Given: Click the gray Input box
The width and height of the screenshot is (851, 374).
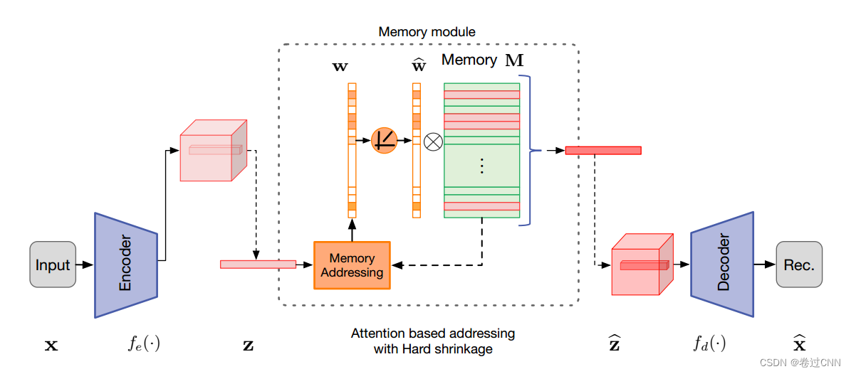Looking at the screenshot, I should (x=53, y=265).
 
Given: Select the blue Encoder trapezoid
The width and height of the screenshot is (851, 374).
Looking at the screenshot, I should (x=125, y=265).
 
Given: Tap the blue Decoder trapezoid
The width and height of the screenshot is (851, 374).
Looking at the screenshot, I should (x=722, y=264).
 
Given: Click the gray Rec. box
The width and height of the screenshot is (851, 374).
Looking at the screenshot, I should (x=799, y=265).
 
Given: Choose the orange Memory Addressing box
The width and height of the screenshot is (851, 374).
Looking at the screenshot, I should (x=352, y=265).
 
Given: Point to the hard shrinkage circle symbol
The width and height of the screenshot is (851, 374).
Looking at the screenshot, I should (x=384, y=141).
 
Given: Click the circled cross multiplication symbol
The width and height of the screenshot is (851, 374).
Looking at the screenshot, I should (x=433, y=141).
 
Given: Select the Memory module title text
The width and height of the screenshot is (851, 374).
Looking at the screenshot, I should (x=427, y=32).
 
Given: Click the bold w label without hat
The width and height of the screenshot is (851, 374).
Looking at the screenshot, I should (x=340, y=67).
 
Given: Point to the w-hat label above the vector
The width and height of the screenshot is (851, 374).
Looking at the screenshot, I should (x=419, y=66).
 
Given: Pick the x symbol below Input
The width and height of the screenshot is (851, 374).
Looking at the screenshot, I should (x=51, y=346).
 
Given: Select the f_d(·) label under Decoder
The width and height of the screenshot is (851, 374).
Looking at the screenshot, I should (x=709, y=345).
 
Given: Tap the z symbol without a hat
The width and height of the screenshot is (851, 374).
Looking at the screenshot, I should (x=248, y=346).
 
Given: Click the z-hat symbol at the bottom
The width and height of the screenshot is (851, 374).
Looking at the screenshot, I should (x=614, y=345).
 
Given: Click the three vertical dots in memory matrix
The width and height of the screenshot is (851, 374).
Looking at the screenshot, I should (x=481, y=166).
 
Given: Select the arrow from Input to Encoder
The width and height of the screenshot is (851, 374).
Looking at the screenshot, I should (x=85, y=265).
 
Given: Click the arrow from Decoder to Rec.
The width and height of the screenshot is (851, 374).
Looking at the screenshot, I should (x=764, y=264).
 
